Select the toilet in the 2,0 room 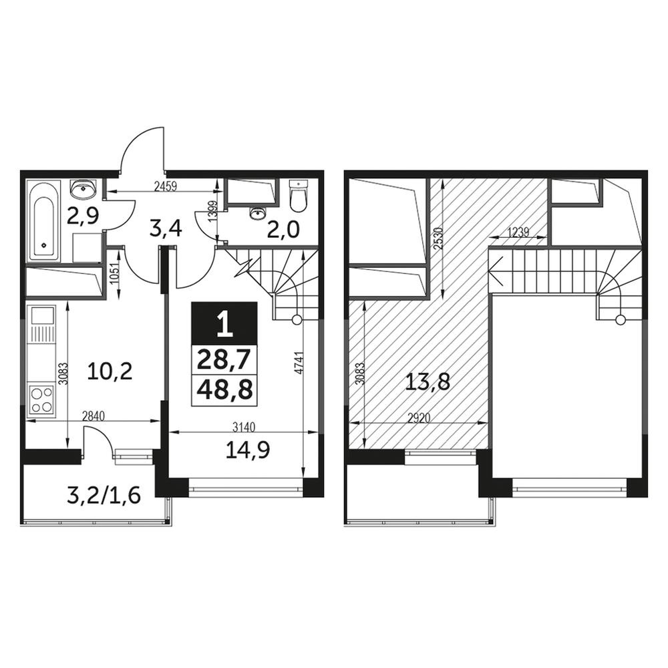(298, 195)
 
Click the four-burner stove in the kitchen (41, 400)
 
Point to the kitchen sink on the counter (41, 317)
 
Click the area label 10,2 (110, 371)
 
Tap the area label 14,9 (248, 450)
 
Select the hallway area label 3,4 (166, 228)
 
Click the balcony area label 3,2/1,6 (104, 496)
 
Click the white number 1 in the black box (224, 323)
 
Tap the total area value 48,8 (224, 389)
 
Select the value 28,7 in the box (224, 360)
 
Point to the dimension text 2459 (165, 186)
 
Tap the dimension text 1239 (518, 232)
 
